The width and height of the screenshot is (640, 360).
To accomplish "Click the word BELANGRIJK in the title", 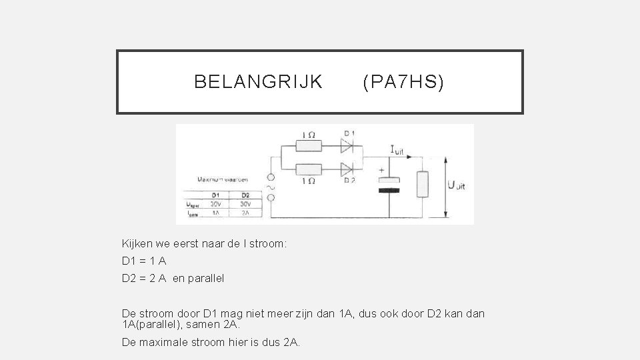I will (258, 82).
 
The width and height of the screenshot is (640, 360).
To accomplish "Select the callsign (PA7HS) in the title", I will (403, 82).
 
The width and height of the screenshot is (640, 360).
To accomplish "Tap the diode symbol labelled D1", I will (347, 143).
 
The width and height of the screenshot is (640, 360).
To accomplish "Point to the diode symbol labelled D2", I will (347, 167).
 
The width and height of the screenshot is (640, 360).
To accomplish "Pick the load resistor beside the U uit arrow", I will (423, 184).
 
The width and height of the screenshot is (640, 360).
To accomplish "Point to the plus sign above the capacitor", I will (382, 170).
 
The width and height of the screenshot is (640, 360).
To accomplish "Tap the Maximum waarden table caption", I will (223, 179).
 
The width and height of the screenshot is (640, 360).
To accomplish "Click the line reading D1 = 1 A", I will (144, 261).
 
